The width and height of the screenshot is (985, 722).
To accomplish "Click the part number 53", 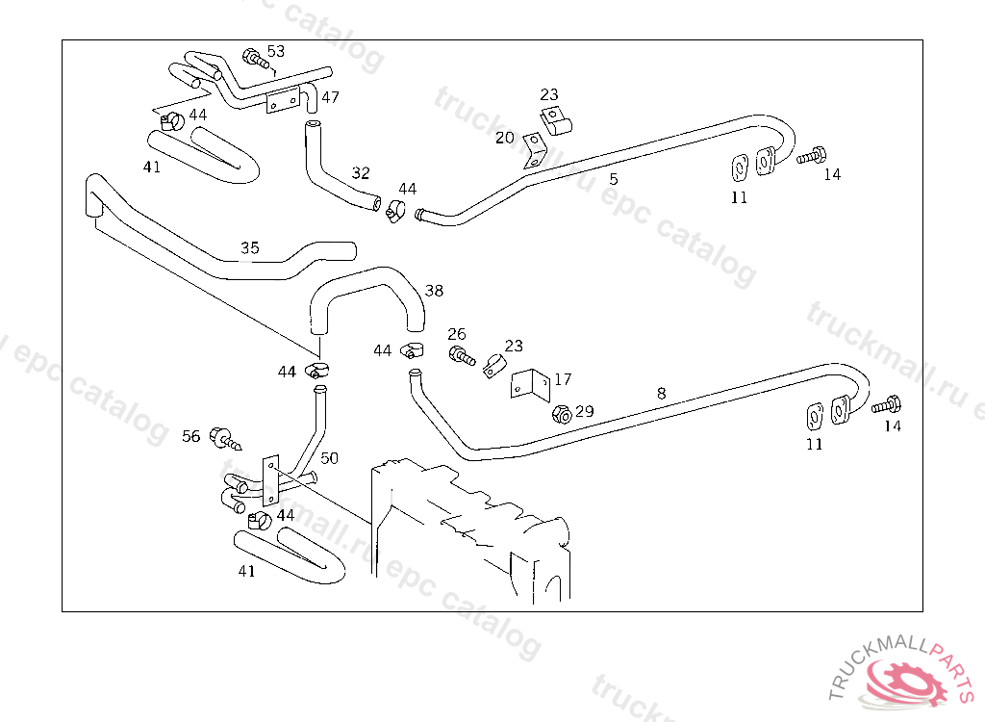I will pos(276,51).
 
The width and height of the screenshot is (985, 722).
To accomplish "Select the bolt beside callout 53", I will pos(254,59).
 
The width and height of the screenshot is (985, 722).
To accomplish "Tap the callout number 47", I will pos(330,97).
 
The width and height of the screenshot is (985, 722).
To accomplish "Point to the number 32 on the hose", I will pos(360,173).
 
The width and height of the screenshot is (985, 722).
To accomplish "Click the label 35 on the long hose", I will pos(249,248).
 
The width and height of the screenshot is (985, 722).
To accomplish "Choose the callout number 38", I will pos(434,290).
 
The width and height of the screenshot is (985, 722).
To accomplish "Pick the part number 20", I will pos(505,138).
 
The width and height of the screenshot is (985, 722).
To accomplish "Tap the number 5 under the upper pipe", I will pos(613,178).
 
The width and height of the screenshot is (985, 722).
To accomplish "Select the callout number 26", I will pos(456,334).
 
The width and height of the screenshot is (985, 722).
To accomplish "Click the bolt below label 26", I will pos(461,355).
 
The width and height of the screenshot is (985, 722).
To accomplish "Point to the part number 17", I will pos(562,379).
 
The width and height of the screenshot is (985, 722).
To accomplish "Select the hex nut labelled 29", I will pos(562,415).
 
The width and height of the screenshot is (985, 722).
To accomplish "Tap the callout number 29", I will pos(584,411).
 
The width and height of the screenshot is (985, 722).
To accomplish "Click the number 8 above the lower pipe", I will pos(661,393).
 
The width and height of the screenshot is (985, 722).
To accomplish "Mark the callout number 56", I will pos(191,436).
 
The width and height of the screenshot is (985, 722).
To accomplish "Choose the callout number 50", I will pos(329,458).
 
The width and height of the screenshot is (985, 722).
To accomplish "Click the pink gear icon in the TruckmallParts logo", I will pos(907,684).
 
